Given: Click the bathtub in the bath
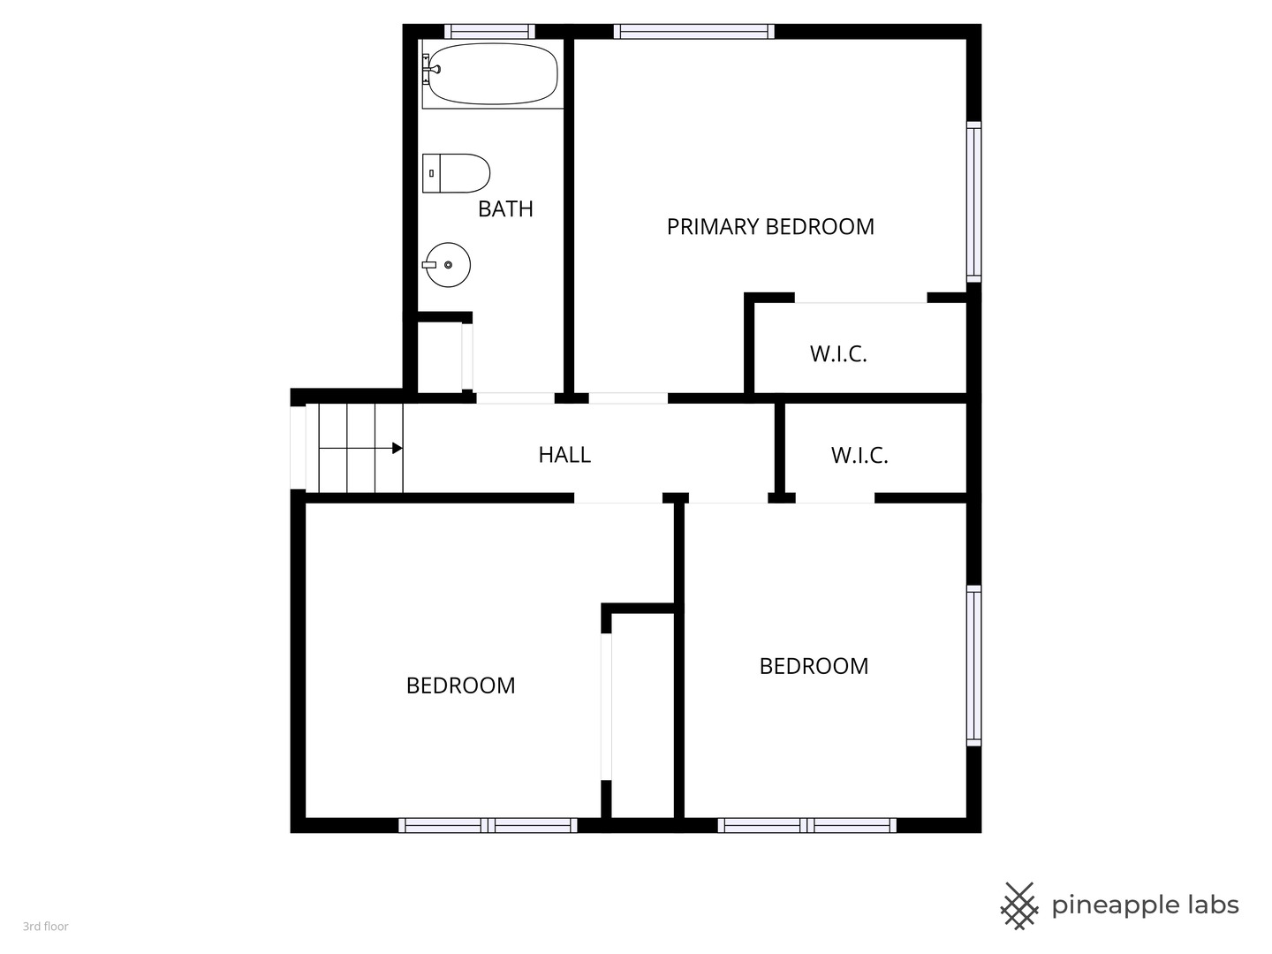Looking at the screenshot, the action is pyautogui.click(x=493, y=74).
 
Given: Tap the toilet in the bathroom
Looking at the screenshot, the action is pyautogui.click(x=456, y=173).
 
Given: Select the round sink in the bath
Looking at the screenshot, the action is pyautogui.click(x=447, y=265).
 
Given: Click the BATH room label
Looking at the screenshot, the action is pyautogui.click(x=505, y=208).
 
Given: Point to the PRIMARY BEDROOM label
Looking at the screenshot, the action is pyautogui.click(x=770, y=226).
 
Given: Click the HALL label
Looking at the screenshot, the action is pyautogui.click(x=564, y=455).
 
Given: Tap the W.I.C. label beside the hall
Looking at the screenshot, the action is pyautogui.click(x=859, y=455).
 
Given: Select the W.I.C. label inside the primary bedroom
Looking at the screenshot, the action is pyautogui.click(x=838, y=353).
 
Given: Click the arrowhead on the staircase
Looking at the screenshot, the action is pyautogui.click(x=397, y=448).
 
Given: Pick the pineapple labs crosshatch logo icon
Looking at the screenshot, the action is pyautogui.click(x=1018, y=905).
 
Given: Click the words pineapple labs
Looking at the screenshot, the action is pyautogui.click(x=1145, y=905).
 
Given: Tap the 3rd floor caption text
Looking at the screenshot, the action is pyautogui.click(x=46, y=927).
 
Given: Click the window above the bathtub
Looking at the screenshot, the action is pyautogui.click(x=489, y=31).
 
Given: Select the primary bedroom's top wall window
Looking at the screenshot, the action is pyautogui.click(x=693, y=31).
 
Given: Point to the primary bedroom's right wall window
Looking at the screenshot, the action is pyautogui.click(x=973, y=201).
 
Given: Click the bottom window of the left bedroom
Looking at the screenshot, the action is pyautogui.click(x=488, y=825).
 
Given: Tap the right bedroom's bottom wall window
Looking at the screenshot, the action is pyautogui.click(x=807, y=825).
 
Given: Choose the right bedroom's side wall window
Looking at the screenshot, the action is pyautogui.click(x=973, y=665).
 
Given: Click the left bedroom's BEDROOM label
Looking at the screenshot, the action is pyautogui.click(x=461, y=685).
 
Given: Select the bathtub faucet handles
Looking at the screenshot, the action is pyautogui.click(x=428, y=69).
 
